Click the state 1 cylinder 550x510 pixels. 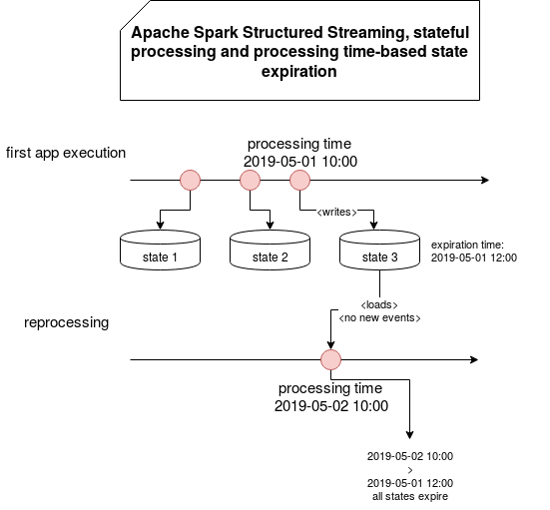tap(160, 251)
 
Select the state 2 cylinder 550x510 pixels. tap(270, 251)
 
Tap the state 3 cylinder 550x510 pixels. tap(379, 251)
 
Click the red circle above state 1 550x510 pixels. tap(190, 181)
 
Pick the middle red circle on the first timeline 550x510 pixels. tap(251, 181)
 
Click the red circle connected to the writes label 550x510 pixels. tap(299, 181)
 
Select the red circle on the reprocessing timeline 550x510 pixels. tap(330, 360)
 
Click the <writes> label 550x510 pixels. tap(336, 213)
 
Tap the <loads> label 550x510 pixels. tap(379, 304)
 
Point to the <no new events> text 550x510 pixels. tap(379, 317)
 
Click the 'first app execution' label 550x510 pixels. tap(66, 153)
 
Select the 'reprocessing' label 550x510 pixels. tap(66, 322)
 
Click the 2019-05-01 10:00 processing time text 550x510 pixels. tap(300, 162)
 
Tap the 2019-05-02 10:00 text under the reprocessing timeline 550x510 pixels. tap(331, 406)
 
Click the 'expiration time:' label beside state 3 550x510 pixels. tap(467, 245)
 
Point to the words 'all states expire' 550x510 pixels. tap(410, 497)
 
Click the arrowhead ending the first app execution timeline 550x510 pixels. tap(485, 181)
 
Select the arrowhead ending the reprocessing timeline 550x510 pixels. tap(474, 360)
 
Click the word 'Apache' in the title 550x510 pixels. tap(161, 33)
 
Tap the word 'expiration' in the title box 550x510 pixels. tap(299, 72)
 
